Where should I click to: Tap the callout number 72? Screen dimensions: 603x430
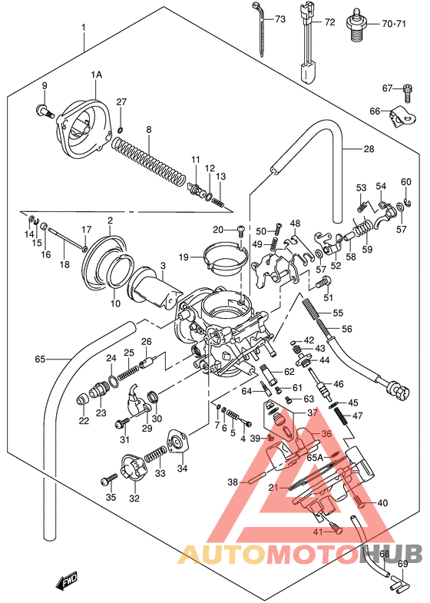329,22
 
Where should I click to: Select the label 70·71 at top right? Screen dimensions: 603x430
393,23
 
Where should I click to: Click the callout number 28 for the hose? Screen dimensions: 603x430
369,149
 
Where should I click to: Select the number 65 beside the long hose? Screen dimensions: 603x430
41,358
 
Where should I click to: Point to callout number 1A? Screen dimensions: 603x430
96,75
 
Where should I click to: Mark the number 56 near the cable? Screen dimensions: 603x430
346,329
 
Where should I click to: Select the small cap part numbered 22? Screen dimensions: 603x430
84,399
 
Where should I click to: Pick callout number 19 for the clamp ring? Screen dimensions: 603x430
184,257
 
